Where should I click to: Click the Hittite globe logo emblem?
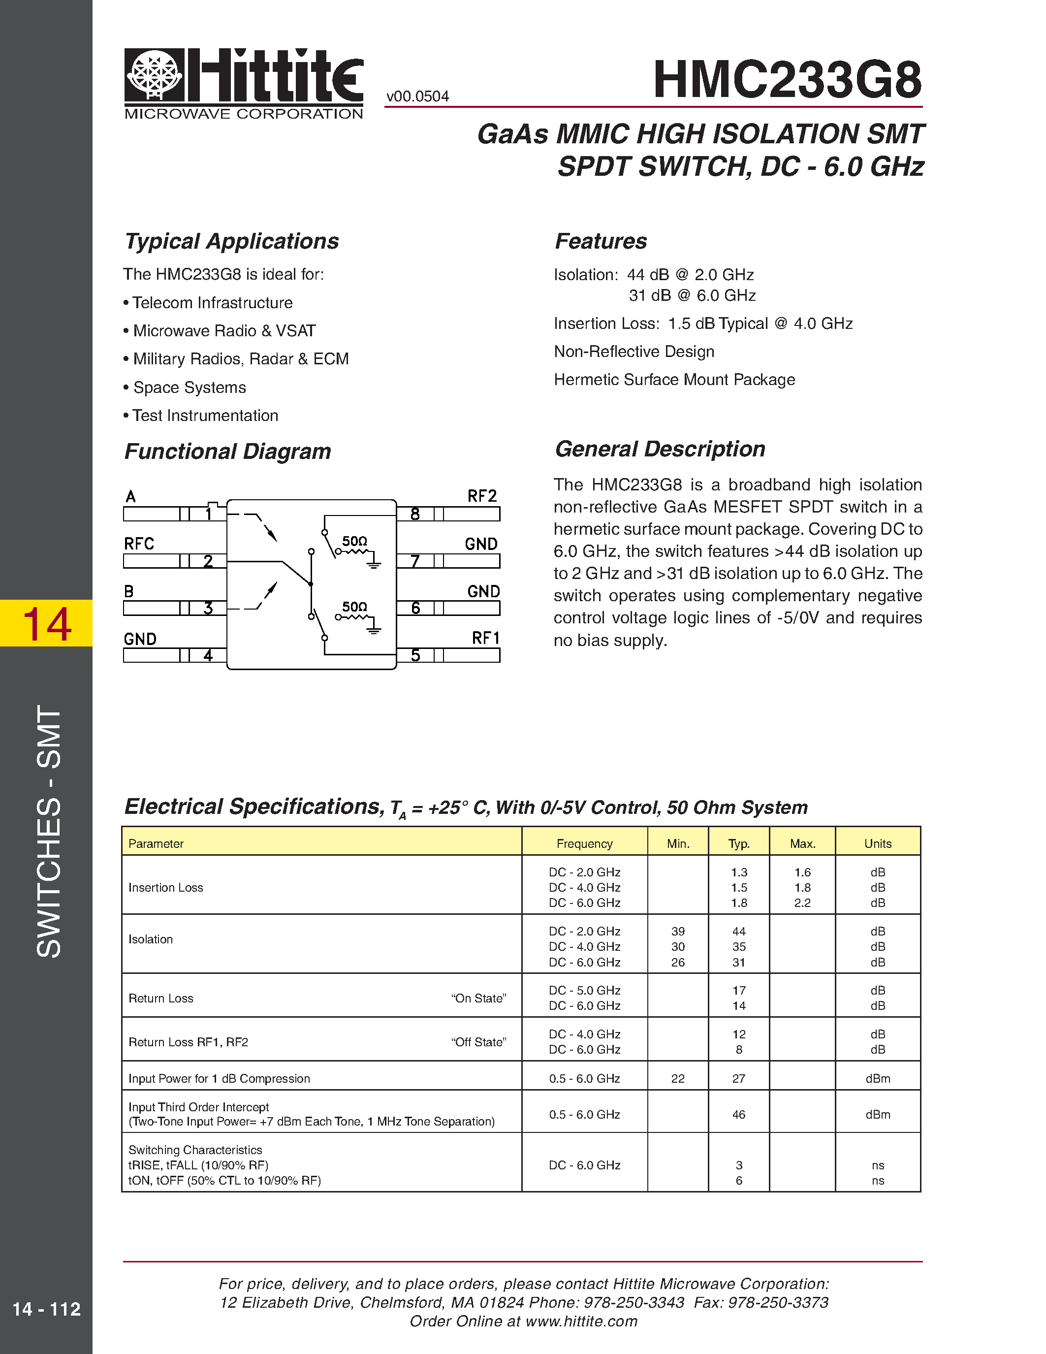coord(154,75)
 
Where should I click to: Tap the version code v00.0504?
coord(417,97)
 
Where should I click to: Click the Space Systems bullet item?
coord(189,387)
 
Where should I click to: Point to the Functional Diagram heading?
coord(227,451)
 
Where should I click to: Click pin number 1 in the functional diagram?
coord(209,514)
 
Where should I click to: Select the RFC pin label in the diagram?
coord(139,544)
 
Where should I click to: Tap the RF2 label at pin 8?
coord(481,496)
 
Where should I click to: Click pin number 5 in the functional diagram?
coord(415,655)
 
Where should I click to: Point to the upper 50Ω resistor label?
coord(354,541)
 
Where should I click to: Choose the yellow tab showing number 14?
coord(46,623)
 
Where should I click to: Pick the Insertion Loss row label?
coord(165,888)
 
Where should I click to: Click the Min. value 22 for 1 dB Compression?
coord(678,1079)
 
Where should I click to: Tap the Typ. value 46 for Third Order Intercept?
coord(739,1115)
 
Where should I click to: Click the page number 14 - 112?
coord(46,1309)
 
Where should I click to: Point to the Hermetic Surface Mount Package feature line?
coord(674,380)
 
